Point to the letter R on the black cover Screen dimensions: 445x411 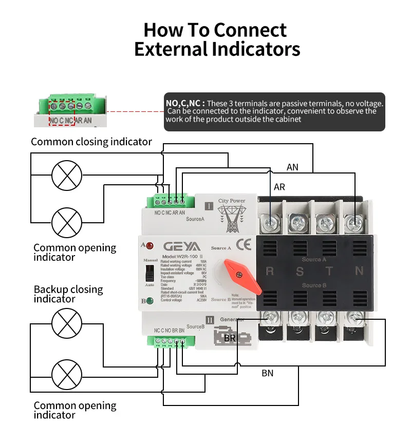pyautogui.click(x=270, y=272)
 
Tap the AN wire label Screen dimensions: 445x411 pyautogui.click(x=292, y=167)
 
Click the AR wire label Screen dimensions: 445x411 pyautogui.click(x=279, y=187)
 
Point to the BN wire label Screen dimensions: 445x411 pyautogui.click(x=267, y=373)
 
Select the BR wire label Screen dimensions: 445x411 pyautogui.click(x=230, y=338)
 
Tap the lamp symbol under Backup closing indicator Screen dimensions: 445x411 pyautogui.click(x=67, y=324)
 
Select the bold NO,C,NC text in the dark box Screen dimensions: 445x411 pyautogui.click(x=185, y=103)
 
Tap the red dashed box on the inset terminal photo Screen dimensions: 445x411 pyautogui.click(x=62, y=112)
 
